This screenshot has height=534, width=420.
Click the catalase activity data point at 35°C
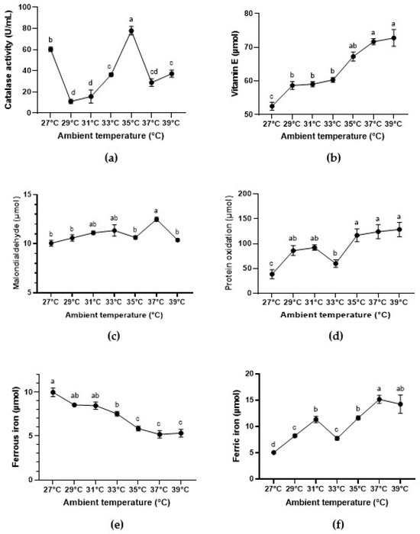pyautogui.click(x=131, y=31)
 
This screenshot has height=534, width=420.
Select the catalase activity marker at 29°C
pyautogui.click(x=71, y=101)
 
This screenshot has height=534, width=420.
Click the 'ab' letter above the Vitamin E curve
pyautogui.click(x=353, y=46)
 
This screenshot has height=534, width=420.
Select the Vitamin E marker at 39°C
pyautogui.click(x=394, y=38)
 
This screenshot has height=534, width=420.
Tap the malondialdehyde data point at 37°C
pyautogui.click(x=157, y=220)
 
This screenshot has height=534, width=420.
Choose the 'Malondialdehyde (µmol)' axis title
pyautogui.click(x=17, y=244)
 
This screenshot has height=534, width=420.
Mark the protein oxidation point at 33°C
pyautogui.click(x=336, y=263)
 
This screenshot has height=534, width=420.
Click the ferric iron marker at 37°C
pyautogui.click(x=379, y=400)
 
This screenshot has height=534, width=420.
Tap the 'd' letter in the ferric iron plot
pyautogui.click(x=273, y=444)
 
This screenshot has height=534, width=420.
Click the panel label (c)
pyautogui.click(x=113, y=336)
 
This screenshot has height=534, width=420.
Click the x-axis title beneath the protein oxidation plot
pyautogui.click(x=335, y=315)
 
